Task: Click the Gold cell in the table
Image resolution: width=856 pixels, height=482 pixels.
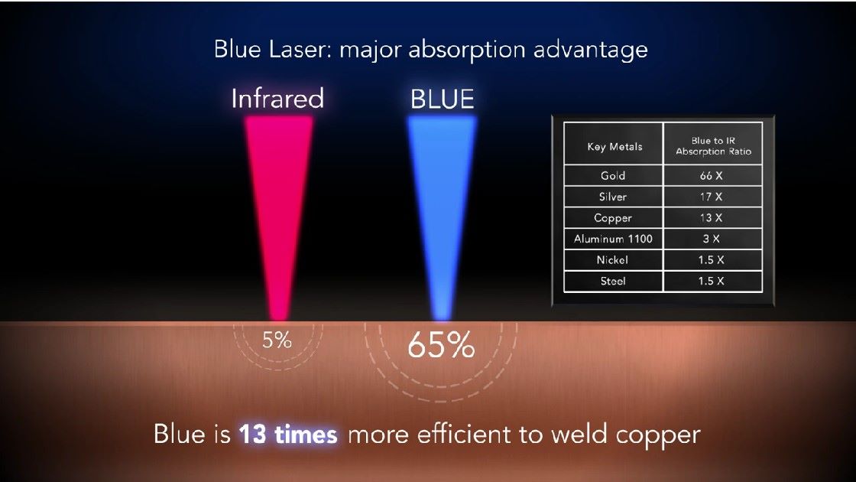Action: coord(613,175)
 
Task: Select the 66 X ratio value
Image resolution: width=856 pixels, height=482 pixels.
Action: coord(712,175)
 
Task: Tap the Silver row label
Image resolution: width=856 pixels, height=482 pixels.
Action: coord(613,197)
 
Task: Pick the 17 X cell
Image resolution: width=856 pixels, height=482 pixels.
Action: coord(712,197)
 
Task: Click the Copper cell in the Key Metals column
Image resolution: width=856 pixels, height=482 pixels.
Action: coord(613,218)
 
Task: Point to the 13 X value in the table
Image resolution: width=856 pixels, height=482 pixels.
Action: coord(712,217)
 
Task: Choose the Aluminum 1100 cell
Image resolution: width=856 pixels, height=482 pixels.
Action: coord(613,239)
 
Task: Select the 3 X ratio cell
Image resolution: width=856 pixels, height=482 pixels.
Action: coord(712,239)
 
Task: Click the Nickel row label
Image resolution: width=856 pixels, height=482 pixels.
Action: coord(612,259)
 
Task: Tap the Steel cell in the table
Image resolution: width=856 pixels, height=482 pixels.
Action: coord(613,281)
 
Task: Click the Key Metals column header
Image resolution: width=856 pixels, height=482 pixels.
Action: coord(614,146)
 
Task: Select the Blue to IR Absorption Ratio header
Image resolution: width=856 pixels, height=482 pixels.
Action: coord(714,146)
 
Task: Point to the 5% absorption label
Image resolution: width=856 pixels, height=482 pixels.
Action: coord(277,340)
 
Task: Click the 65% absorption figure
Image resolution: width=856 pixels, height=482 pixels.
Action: coord(441,345)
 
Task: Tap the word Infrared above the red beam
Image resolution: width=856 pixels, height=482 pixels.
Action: coord(277,99)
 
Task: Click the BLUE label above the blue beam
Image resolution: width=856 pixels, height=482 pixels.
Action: coord(443,99)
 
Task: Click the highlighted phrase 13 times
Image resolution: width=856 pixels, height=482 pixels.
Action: coord(288,435)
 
